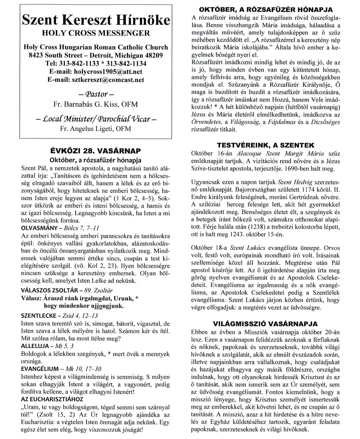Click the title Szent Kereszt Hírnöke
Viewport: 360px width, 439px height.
pyautogui.click(x=96, y=20)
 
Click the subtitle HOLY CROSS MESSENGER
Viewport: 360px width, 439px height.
pyautogui.click(x=96, y=34)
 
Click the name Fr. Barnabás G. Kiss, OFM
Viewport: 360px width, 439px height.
pyautogui.click(x=96, y=104)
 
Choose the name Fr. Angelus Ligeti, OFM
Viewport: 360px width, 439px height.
pyautogui.click(x=96, y=129)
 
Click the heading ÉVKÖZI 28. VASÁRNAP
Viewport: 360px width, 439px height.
pyautogui.click(x=96, y=151)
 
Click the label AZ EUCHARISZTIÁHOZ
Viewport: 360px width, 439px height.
pyautogui.click(x=47, y=399)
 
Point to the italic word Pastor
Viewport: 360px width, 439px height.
pyautogui.click(x=96, y=94)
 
